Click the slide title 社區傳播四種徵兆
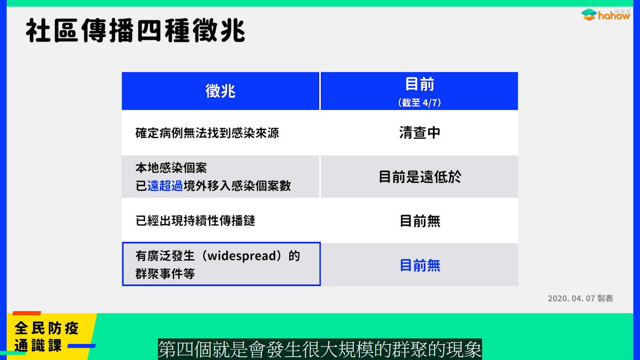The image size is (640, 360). [135, 31]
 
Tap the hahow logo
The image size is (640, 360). [605, 15]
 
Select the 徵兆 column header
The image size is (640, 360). [220, 91]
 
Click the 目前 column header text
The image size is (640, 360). [420, 84]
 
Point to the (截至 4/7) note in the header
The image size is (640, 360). [419, 102]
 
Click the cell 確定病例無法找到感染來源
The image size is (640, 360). [207, 133]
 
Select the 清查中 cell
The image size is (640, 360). [420, 133]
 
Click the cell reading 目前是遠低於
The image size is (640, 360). [420, 177]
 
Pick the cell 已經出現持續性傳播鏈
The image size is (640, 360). [195, 221]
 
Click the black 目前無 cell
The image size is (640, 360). [420, 221]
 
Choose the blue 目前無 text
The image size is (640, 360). [420, 265]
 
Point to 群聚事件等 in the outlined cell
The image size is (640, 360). [165, 274]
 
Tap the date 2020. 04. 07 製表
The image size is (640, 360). [580, 299]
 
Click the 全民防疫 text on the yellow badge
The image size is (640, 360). [46, 328]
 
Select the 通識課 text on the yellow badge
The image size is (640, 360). [38, 345]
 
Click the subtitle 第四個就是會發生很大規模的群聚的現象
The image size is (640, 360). [320, 349]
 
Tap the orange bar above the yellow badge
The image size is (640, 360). [27, 313]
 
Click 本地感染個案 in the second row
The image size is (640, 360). [171, 168]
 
